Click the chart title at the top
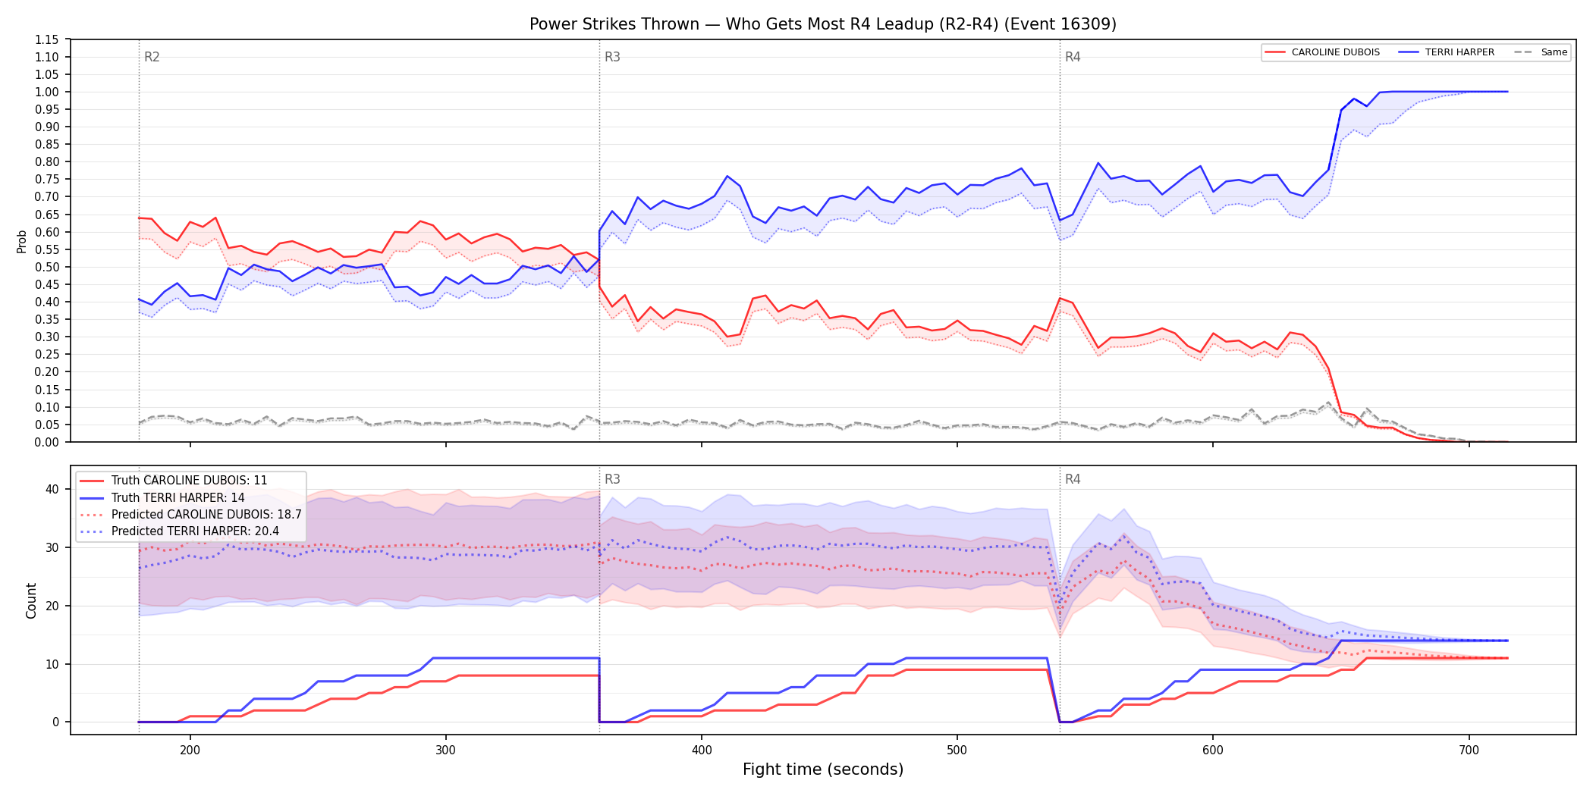[x=823, y=24]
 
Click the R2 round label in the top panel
[x=152, y=57]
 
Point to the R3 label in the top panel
[x=612, y=57]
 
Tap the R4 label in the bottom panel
[x=1073, y=479]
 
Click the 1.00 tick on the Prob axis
[x=47, y=92]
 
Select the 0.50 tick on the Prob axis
[x=47, y=267]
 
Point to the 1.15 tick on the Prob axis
[x=47, y=39]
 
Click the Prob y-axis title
[x=21, y=241]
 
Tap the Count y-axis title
[x=31, y=600]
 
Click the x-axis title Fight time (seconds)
[x=823, y=769]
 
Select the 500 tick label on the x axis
[x=957, y=750]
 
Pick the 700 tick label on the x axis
[x=1469, y=750]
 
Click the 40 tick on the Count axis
[x=52, y=489]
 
